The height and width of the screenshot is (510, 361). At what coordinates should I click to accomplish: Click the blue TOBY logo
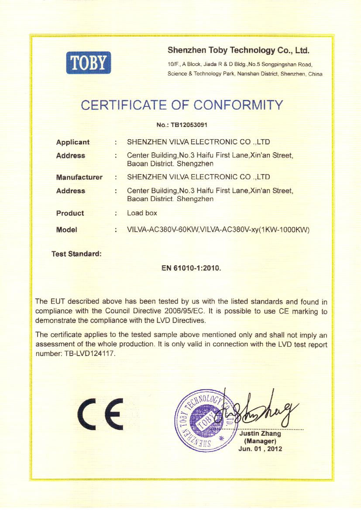[x=89, y=63]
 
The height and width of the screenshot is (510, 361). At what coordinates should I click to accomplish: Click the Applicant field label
[x=72, y=142]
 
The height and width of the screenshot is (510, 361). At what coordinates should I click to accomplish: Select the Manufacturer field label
[x=79, y=177]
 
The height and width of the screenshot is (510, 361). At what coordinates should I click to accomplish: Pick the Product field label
[x=70, y=213]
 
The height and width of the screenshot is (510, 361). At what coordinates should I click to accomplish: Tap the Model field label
[x=66, y=230]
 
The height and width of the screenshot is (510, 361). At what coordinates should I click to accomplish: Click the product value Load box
[x=142, y=213]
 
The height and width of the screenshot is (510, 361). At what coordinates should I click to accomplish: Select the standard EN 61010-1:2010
[x=192, y=268]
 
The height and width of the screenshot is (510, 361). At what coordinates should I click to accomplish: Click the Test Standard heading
[x=76, y=253]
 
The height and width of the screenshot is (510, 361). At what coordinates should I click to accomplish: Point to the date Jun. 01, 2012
[x=260, y=448]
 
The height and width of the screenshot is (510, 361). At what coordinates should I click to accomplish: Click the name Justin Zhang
[x=261, y=434]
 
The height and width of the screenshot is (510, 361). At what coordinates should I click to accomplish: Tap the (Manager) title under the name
[x=261, y=441]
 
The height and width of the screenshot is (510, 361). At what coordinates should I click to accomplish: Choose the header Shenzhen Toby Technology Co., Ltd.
[x=238, y=51]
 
